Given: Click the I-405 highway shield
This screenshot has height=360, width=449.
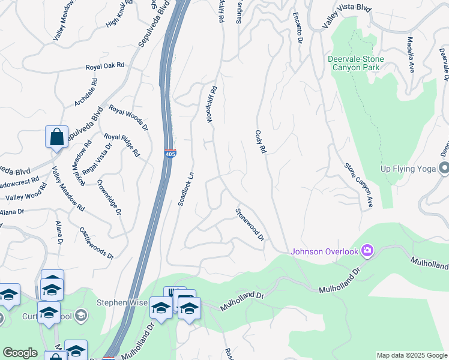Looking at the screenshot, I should click(x=170, y=154).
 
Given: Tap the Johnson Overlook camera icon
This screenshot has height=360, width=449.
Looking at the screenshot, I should click(x=367, y=251).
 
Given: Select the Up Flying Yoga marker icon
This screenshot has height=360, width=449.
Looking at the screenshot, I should click(x=444, y=168).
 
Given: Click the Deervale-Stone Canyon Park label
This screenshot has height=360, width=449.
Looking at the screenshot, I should click(x=356, y=63).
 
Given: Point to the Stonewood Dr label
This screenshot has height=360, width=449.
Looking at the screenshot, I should click(x=249, y=224).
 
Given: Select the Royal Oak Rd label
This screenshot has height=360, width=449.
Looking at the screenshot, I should click(x=104, y=66).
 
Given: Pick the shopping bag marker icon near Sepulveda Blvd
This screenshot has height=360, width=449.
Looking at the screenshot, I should click(x=56, y=136).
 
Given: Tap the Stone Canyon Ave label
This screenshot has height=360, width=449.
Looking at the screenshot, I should click(x=358, y=185).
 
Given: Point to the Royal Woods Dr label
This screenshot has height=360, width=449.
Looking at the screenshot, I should click(x=128, y=118).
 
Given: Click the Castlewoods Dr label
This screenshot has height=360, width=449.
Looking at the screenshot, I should click(x=96, y=242).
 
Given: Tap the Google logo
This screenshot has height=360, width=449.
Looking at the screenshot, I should click(x=20, y=353).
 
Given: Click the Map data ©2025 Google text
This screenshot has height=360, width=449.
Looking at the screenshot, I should click(x=411, y=355).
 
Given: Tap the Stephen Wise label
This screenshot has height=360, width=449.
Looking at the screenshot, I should click(x=122, y=303).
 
